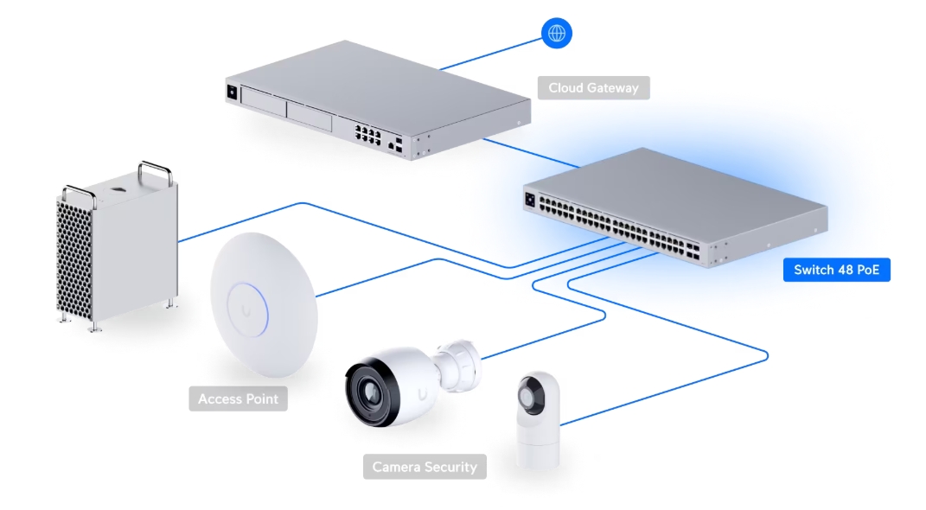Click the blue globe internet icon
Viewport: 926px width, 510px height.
tap(556, 33)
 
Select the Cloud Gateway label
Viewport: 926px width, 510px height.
tap(593, 88)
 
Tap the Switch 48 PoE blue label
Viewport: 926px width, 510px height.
tap(836, 270)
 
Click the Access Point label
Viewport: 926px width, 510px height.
tap(238, 399)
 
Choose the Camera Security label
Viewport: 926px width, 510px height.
tap(425, 467)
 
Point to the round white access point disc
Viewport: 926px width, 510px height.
tap(264, 305)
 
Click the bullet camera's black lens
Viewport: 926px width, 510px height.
tap(370, 392)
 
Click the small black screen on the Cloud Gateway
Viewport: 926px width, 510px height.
tap(232, 92)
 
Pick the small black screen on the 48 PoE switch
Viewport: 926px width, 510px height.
tap(530, 200)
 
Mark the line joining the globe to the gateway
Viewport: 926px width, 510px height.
tap(491, 54)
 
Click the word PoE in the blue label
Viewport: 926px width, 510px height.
tap(867, 270)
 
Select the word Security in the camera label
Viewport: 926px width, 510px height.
tap(450, 467)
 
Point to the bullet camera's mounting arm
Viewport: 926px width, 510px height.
tap(458, 366)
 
